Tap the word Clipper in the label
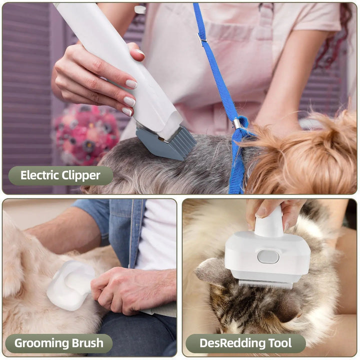81,175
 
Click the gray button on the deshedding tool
268,256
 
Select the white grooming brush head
70,285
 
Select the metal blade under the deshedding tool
265,283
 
